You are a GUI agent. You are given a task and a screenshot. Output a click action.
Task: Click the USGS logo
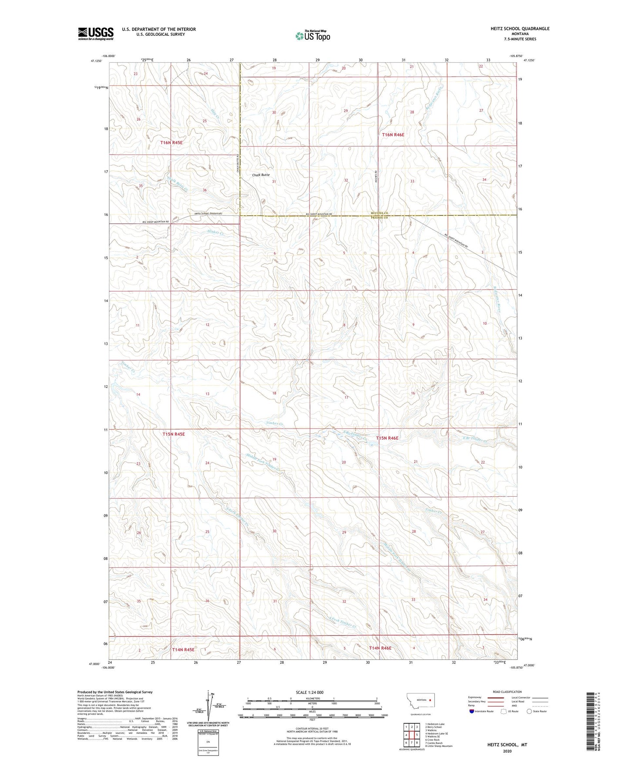(x=96, y=34)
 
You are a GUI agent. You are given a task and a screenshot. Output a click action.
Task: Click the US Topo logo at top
(x=313, y=36)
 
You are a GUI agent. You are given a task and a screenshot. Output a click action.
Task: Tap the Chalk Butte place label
(x=261, y=175)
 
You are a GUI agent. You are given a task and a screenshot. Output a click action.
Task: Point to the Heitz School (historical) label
(x=208, y=213)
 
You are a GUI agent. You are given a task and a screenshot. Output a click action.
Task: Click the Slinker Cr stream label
(x=216, y=233)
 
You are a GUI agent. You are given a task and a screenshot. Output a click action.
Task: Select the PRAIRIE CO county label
(x=379, y=218)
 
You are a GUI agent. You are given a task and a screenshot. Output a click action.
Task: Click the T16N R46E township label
(x=393, y=135)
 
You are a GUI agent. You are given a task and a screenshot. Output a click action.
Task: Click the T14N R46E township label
(x=380, y=648)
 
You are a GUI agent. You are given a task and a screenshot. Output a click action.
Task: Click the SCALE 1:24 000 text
(x=309, y=693)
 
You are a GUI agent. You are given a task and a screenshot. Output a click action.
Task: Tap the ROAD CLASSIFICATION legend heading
(x=507, y=692)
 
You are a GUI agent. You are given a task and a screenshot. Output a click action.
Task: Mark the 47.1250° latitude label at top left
(x=96, y=61)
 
